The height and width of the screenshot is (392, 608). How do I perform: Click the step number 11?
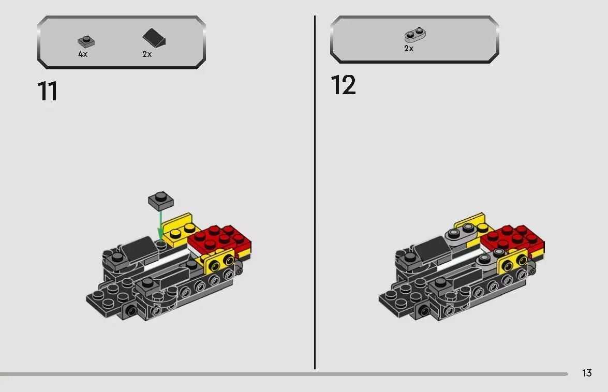point(48,92)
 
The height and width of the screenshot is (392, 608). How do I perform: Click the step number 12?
point(343,85)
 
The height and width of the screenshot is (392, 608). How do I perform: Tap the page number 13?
point(586,373)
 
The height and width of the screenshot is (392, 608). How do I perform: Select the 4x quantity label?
point(83,54)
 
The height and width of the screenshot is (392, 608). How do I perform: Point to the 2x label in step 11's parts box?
point(147,54)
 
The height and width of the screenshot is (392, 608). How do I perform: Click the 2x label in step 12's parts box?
point(409,49)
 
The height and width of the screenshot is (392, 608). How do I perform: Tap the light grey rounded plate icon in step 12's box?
point(414,35)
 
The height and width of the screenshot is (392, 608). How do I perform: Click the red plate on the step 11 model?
point(220,239)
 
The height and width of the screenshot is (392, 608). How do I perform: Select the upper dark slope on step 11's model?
point(138,250)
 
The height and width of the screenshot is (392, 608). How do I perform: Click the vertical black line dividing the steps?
point(315,191)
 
